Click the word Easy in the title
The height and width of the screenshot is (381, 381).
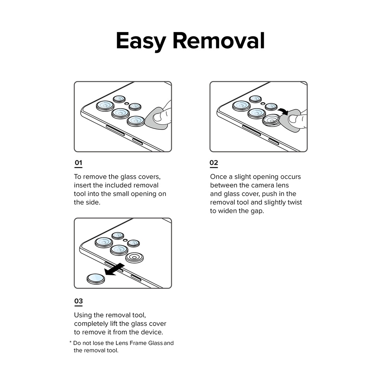pos(141,41)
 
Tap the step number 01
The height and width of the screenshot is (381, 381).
pos(78,163)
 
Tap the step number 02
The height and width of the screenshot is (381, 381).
pos(214,163)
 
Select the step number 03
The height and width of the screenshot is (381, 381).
pos(78,301)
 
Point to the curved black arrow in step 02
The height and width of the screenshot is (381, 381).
pos(283,111)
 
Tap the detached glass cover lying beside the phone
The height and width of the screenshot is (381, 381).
pos(96,278)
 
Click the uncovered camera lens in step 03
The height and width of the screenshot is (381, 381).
pos(134,257)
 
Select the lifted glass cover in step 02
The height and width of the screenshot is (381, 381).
pos(271,120)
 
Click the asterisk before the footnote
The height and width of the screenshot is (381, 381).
pos(70,343)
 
